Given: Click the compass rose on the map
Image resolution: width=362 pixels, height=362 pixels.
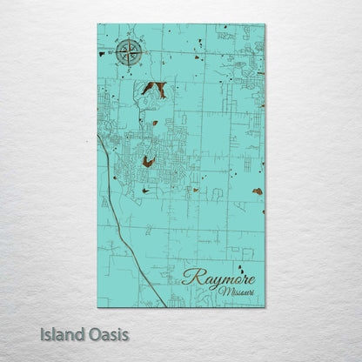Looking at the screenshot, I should coord(128,54).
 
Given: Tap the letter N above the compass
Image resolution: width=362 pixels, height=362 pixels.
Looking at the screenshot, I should coord(129,39).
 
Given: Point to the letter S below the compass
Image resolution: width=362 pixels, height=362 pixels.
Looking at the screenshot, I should coord(128,68).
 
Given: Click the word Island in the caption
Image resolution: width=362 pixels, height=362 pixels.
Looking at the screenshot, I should coord(62,333).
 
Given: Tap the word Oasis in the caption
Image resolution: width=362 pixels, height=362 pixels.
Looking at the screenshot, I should coord(108,333).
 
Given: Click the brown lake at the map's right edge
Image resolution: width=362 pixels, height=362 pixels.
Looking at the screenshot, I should coord(257,191).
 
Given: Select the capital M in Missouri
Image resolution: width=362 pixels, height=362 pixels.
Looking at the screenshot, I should coord(225,292).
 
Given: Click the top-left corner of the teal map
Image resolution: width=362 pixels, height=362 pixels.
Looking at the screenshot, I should coord(97,24).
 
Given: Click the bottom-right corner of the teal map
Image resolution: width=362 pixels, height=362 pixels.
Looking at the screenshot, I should coord(265,306).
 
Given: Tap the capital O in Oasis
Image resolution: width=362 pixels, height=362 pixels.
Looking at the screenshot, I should coord(94,333).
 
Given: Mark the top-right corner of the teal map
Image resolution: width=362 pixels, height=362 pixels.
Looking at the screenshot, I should coord(265,24).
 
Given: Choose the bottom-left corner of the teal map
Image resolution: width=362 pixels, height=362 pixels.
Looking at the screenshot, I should coord(97,306).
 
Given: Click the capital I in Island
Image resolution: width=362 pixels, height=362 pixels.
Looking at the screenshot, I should coord(42,333).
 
